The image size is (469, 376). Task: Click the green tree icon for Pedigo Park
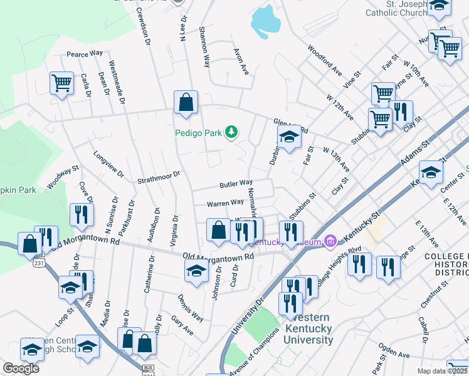[232, 132]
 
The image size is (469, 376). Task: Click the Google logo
[21, 368]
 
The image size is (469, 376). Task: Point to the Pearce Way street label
[85, 53]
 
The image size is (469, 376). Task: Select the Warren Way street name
[225, 202]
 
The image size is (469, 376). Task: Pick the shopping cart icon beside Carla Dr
[61, 83]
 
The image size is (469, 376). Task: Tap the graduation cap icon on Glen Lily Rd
[288, 137]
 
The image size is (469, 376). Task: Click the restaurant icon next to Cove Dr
[82, 214]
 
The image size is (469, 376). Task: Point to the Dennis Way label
[190, 308]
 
